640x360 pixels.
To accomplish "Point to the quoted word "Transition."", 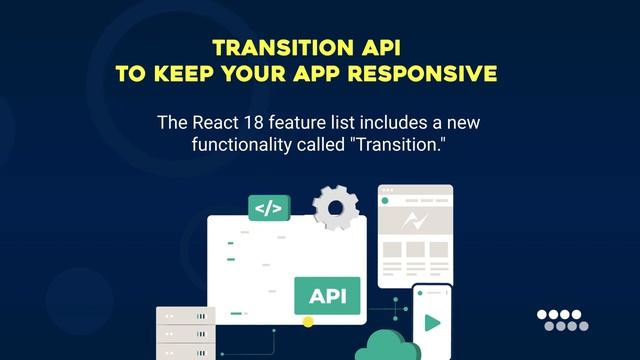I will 396,145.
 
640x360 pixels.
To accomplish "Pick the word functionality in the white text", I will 243,145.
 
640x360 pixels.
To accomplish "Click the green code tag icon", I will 268,208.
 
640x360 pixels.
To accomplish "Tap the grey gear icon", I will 335,207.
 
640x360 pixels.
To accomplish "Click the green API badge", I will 327,296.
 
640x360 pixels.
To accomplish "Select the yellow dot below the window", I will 308,322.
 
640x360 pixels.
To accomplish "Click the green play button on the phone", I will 431,323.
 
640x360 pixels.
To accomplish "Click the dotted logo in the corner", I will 563,319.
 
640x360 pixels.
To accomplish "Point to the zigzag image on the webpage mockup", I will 415,221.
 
